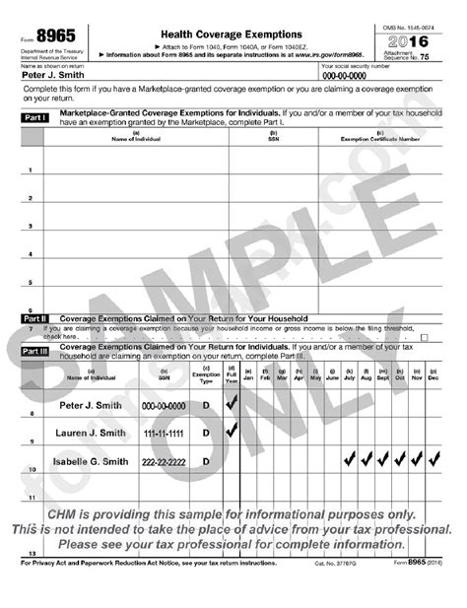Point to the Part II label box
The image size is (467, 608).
click(x=34, y=318)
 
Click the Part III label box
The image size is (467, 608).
click(x=34, y=350)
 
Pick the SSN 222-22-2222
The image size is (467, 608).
click(x=164, y=461)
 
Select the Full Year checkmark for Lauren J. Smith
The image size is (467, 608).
click(x=232, y=430)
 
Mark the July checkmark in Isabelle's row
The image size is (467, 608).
click(x=349, y=459)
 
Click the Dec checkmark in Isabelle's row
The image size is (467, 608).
click(x=434, y=459)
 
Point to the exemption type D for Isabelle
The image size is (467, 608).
click(x=206, y=461)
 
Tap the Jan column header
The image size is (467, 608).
click(x=248, y=377)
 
